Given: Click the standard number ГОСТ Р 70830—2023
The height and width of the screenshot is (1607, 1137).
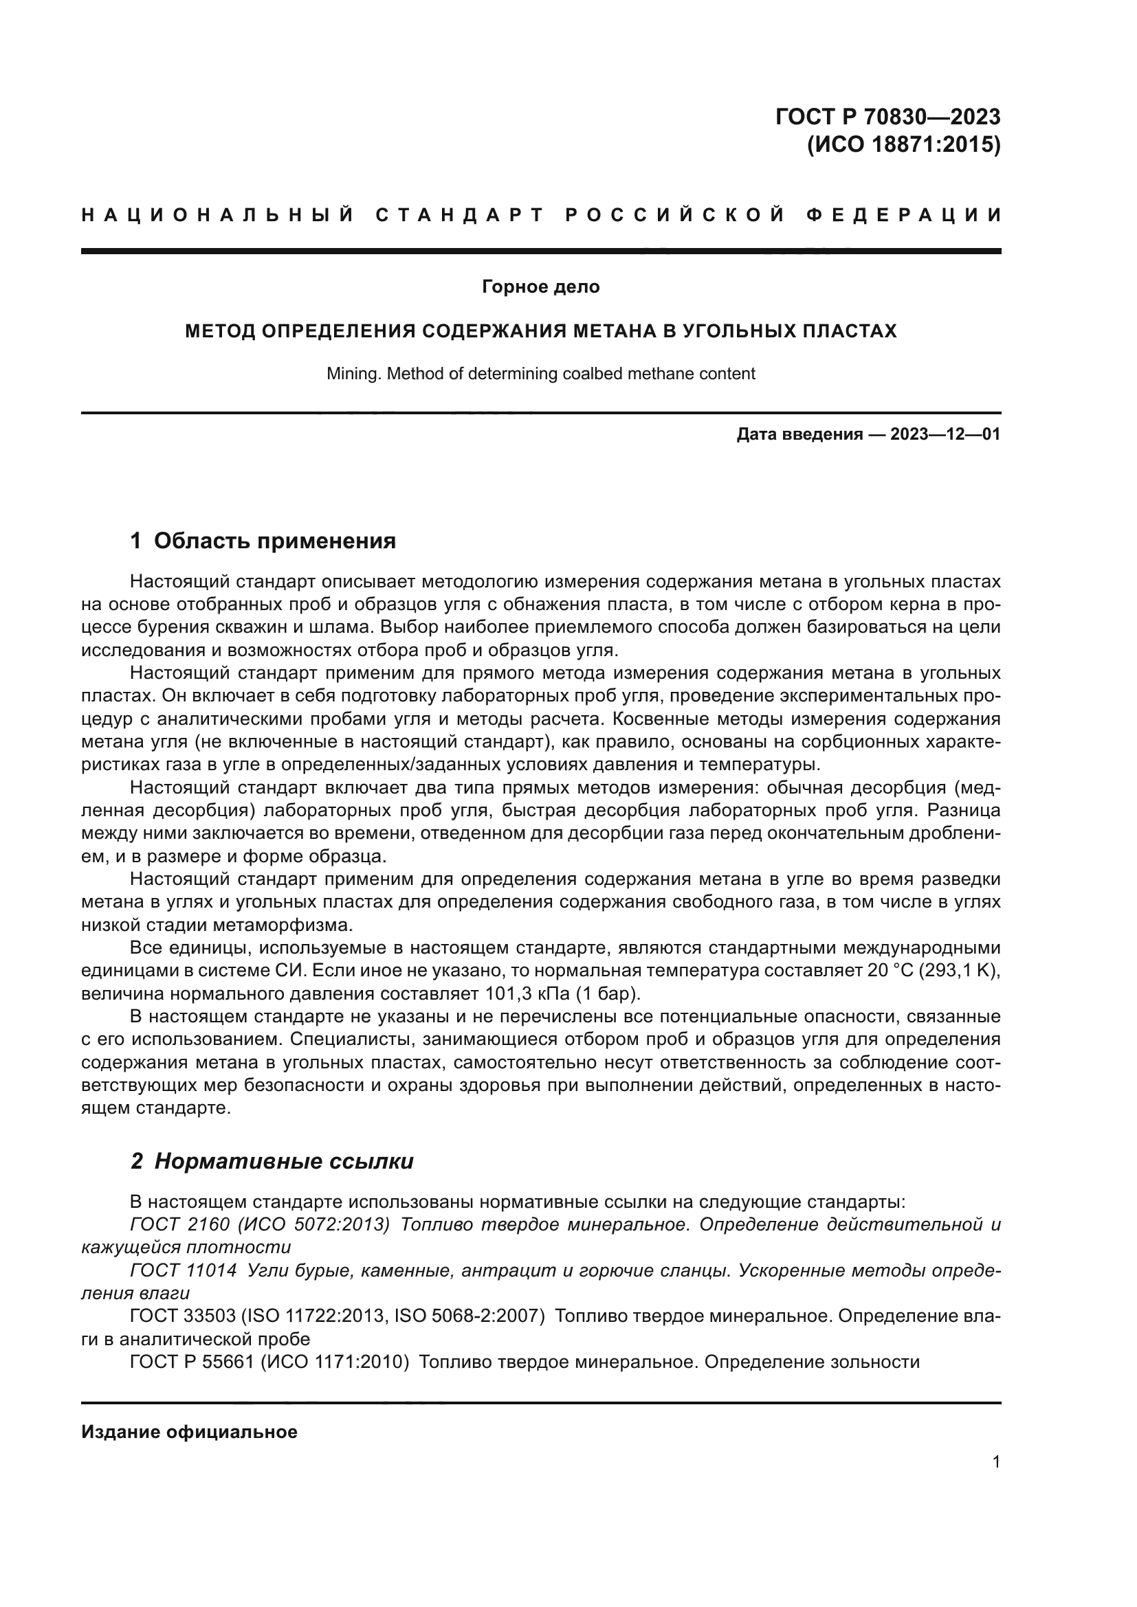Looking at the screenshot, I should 887,116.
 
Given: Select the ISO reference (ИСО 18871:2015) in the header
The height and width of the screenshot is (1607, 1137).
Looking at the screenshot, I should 903,145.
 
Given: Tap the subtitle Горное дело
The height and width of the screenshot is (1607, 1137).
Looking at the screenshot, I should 540,287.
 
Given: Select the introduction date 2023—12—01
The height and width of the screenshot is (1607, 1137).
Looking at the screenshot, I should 945,435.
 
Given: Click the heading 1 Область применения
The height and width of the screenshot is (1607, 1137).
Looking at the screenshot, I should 263,541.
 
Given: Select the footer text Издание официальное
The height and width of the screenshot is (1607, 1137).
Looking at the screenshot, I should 189,1432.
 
